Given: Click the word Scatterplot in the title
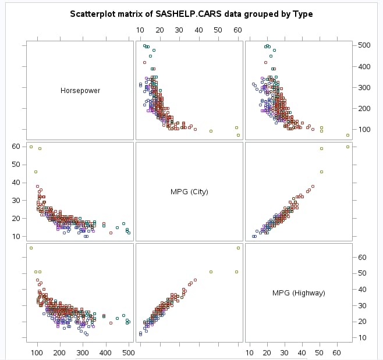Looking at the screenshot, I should (x=91, y=14).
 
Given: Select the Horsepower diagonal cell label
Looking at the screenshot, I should (x=80, y=91).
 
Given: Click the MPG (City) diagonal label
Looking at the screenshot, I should (x=189, y=191).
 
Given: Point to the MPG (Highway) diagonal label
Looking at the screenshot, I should (x=299, y=293).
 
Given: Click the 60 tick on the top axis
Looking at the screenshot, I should (x=237, y=30).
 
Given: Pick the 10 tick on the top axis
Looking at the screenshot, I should (x=140, y=30).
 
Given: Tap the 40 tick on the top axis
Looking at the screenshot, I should (x=198, y=30).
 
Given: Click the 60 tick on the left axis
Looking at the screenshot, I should (x=17, y=147).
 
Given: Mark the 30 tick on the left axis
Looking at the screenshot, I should (x=17, y=201).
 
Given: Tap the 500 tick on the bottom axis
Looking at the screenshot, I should (x=128, y=352).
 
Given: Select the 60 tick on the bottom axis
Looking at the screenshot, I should (x=336, y=352).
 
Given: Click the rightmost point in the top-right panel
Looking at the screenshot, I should (x=347, y=135).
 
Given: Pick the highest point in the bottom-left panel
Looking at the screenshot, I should (x=31, y=248).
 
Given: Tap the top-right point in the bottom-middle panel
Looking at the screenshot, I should (x=238, y=248).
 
